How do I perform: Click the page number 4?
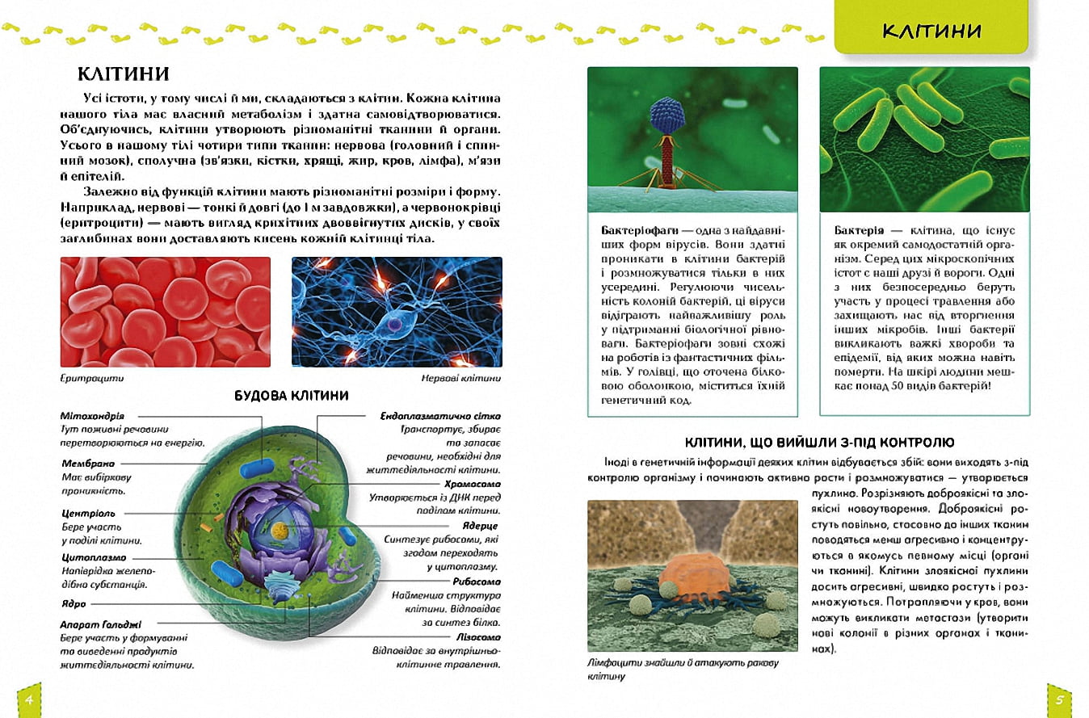[x=29, y=699]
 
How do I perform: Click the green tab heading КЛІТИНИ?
[x=931, y=31]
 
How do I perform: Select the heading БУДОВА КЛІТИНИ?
[x=292, y=396]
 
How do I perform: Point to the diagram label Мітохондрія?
[x=93, y=415]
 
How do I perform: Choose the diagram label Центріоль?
[x=89, y=513]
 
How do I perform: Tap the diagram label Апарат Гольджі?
[x=101, y=624]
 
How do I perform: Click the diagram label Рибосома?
[x=476, y=582]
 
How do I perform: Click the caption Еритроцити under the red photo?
[x=93, y=377]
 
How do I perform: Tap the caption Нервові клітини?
[x=460, y=377]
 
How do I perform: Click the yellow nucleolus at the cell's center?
[x=280, y=531]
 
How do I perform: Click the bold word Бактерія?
[x=861, y=230]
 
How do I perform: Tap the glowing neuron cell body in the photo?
[x=393, y=323]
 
